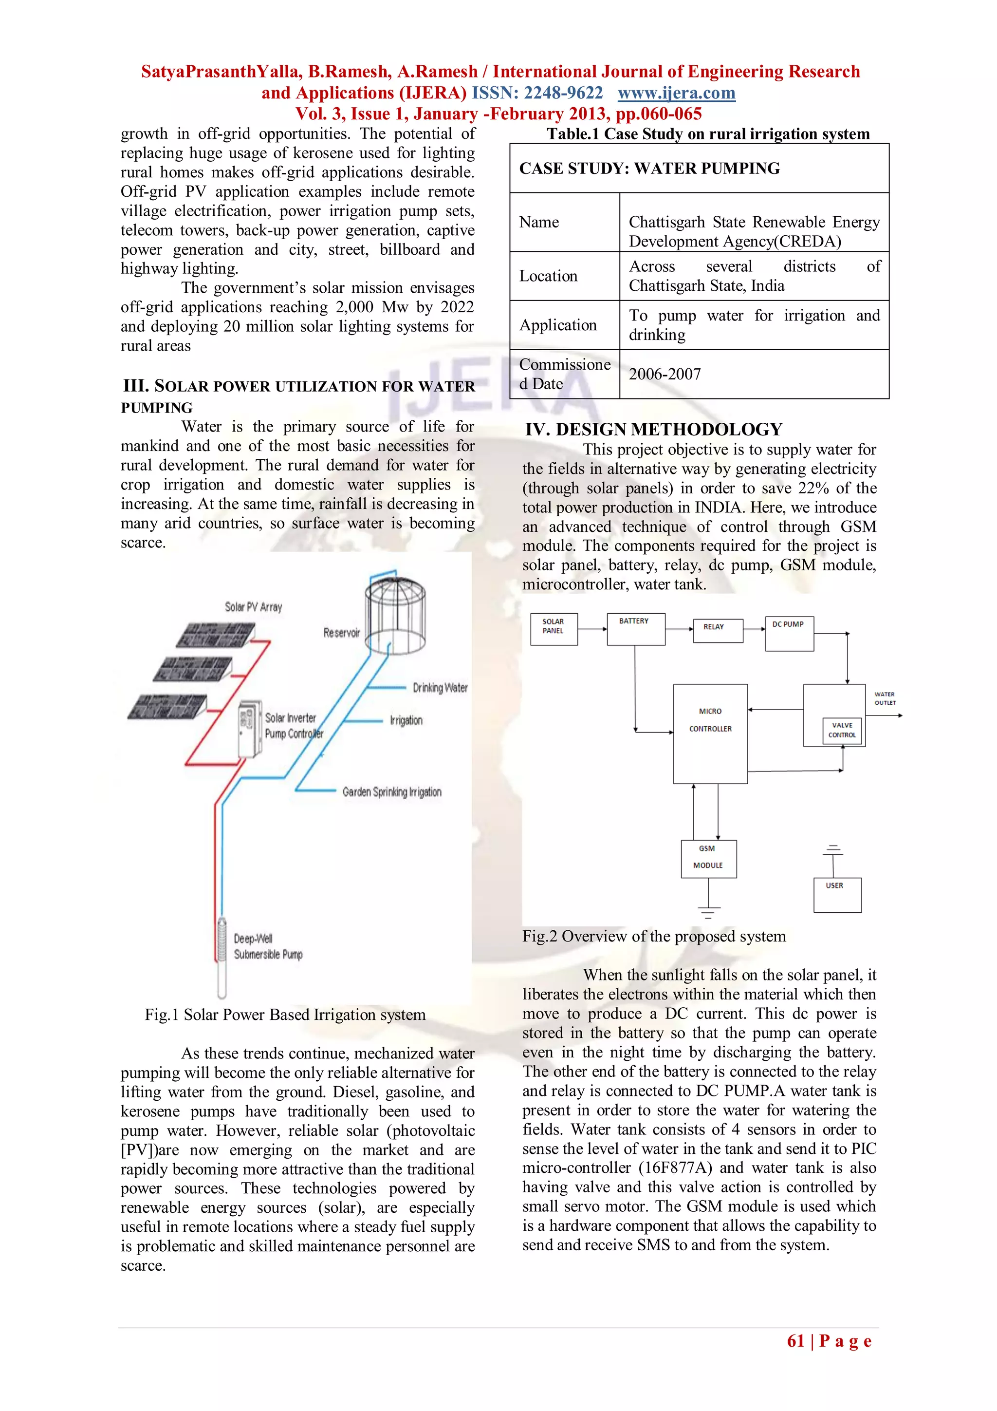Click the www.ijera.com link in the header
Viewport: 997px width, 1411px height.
pos(676,93)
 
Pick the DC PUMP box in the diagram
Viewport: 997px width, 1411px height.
pos(789,633)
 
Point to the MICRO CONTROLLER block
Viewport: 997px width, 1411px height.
pos(710,733)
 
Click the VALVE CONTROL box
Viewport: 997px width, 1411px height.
pos(842,730)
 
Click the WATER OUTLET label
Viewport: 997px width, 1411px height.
pos(885,698)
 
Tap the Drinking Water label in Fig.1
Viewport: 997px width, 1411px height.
pos(439,688)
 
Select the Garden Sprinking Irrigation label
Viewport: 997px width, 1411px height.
pos(391,791)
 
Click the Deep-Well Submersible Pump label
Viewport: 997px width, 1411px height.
pos(268,946)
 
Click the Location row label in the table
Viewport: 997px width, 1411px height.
pos(548,276)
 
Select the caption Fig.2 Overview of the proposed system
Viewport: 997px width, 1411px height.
pos(654,936)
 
